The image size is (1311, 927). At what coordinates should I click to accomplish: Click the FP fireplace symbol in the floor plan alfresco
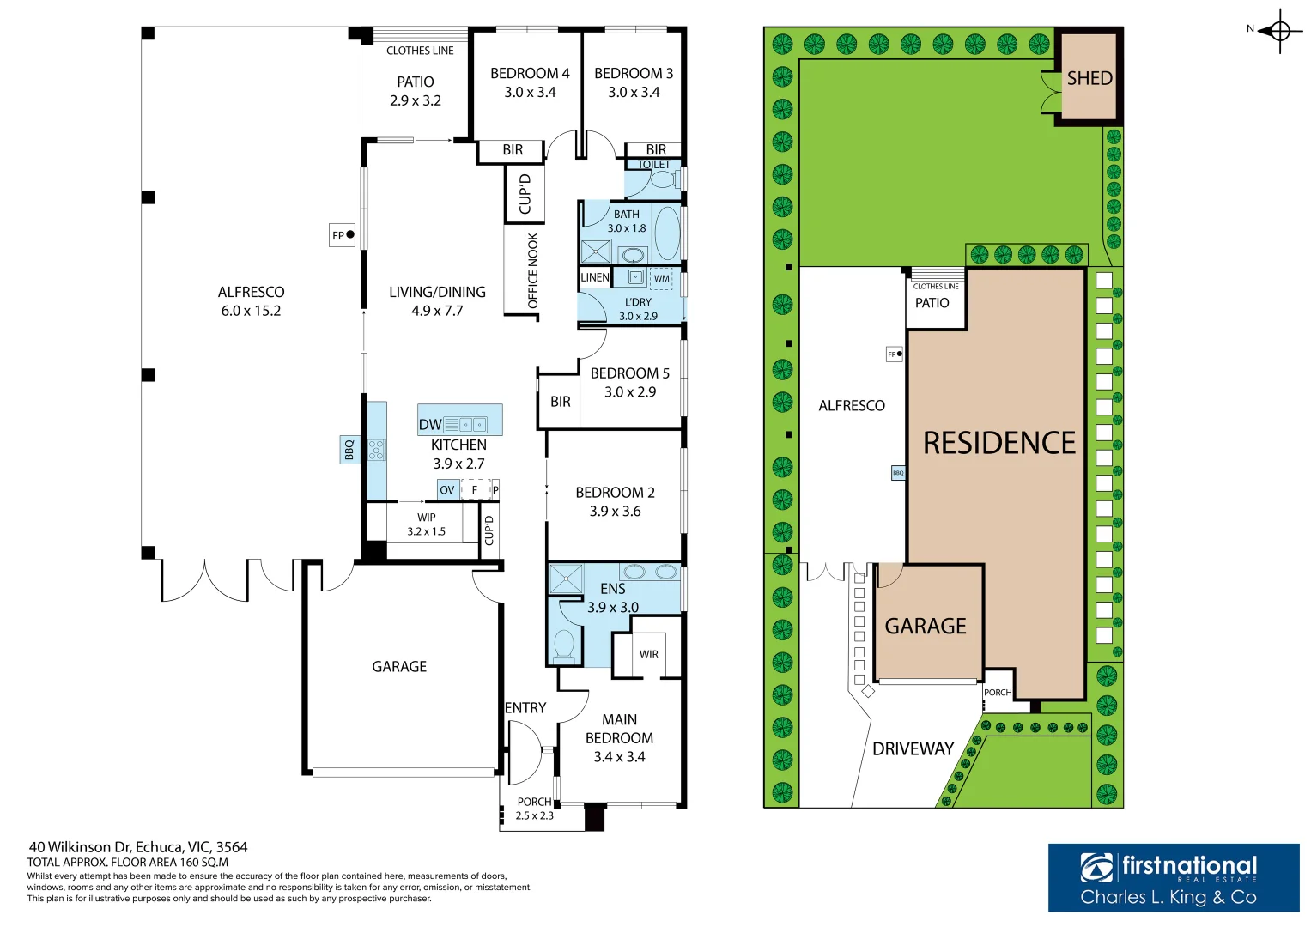point(342,235)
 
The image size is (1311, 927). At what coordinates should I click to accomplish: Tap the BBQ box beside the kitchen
point(349,450)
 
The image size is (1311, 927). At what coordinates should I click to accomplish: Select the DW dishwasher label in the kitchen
point(430,425)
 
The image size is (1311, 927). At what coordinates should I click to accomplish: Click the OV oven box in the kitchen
point(447,490)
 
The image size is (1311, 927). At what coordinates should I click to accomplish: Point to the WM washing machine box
point(661,279)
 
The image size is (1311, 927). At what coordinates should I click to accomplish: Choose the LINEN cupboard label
point(595,277)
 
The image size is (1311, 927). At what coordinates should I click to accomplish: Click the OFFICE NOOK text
point(532,271)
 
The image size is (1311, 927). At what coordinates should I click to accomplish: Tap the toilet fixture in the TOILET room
point(665,179)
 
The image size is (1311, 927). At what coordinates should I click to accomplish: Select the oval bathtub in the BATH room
point(666,233)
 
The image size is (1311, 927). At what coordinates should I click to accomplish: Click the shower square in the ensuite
point(566,579)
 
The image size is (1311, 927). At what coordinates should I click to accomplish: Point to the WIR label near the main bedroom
point(648,654)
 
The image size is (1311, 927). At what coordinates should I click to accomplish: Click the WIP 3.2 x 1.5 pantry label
point(426,524)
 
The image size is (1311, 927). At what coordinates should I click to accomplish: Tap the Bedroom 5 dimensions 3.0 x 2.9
point(630,392)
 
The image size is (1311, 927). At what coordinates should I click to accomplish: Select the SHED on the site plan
point(1089,77)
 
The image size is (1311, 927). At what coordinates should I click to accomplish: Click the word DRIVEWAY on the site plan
point(913,749)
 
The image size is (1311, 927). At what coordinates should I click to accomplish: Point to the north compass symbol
point(1279,31)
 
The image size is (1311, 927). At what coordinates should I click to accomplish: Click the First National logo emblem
point(1096,868)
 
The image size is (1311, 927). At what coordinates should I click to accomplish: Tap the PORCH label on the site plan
point(998,693)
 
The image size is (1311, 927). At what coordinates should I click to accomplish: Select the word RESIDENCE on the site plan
point(999,443)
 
